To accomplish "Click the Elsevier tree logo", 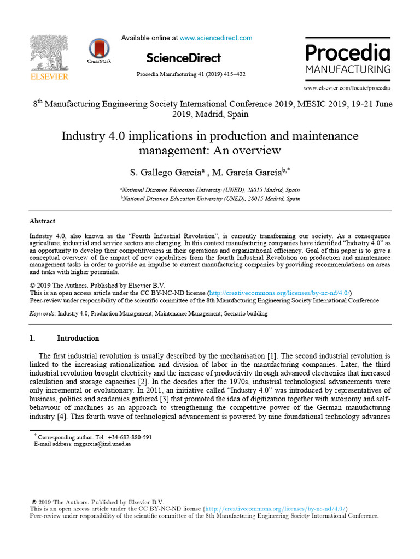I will [x=49, y=53].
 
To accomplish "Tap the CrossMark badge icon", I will [x=98, y=49].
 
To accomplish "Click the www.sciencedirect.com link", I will [x=216, y=38].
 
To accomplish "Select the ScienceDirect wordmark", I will [x=183, y=58].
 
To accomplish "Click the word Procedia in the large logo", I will [x=347, y=53].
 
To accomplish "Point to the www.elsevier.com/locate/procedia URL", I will [x=347, y=87].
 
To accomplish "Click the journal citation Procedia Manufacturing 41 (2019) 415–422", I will [x=183, y=74].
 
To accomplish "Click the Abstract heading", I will [x=42, y=221].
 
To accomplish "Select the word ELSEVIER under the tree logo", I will [x=49, y=77].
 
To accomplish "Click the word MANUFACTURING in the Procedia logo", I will [x=348, y=69].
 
